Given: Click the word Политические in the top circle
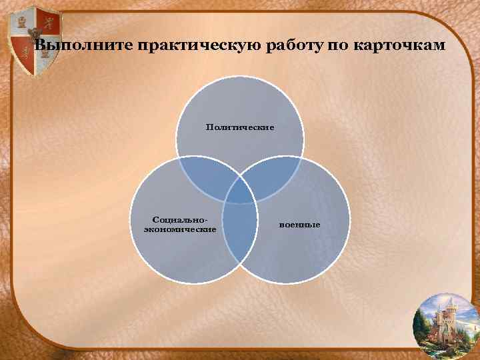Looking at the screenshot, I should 240,127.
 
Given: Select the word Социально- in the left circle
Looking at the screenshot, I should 179,219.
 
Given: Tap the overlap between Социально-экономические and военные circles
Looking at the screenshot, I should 240,230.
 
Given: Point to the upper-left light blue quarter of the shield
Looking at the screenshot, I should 20,23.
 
